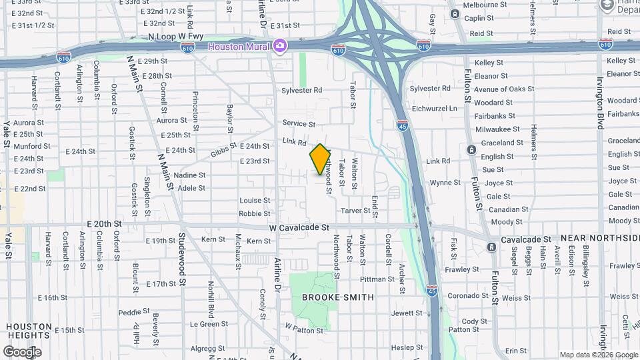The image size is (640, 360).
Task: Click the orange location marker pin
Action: click(320, 159)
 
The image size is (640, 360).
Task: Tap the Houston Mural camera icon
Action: click(281, 46)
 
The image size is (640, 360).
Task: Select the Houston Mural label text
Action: click(238, 47)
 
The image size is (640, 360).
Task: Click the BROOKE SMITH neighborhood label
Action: click(338, 297)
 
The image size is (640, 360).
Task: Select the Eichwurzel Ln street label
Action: click(435, 108)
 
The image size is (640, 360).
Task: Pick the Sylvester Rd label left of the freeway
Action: click(301, 90)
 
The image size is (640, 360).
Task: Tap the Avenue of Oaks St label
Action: click(504, 89)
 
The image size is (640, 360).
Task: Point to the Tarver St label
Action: click(355, 211)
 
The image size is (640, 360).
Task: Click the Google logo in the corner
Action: click(22, 351)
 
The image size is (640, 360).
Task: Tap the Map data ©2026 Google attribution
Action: click(598, 355)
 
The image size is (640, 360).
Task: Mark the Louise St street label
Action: click(255, 201)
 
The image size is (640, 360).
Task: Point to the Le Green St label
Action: click(209, 324)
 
